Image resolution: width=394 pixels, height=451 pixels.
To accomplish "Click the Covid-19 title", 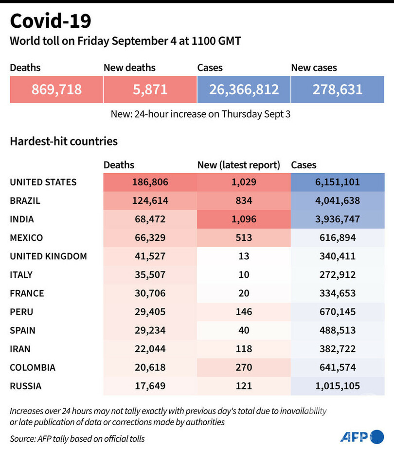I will [x=50, y=21].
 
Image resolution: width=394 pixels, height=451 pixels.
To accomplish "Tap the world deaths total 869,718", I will [x=56, y=90].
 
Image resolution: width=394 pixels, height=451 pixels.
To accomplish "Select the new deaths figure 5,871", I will [x=150, y=90].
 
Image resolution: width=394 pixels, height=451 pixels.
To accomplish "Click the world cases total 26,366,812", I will [x=244, y=90].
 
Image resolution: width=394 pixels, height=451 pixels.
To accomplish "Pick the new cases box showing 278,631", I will [x=338, y=90].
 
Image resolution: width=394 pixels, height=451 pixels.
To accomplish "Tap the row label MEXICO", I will [x=26, y=238].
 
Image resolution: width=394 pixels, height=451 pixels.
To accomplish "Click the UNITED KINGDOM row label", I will [x=48, y=256].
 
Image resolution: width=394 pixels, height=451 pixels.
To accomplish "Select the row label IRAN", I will [x=19, y=349].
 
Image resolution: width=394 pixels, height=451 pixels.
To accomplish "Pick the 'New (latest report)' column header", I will [x=239, y=165].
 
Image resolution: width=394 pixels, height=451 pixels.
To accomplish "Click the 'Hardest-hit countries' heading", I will [x=64, y=142].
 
